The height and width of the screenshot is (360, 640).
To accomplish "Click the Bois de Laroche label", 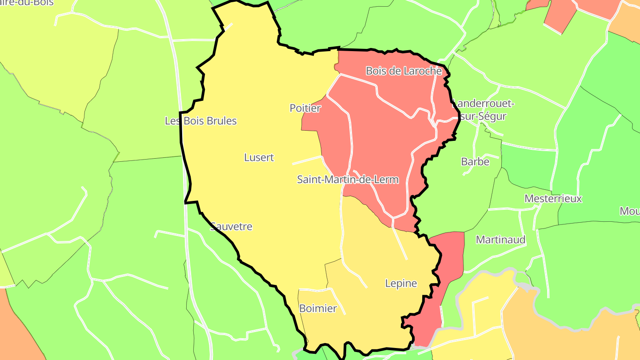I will [404, 71].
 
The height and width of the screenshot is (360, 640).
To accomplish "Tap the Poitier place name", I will [305, 108].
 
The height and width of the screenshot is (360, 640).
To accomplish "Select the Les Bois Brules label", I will [201, 121].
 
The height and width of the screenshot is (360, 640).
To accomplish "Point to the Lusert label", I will [259, 157].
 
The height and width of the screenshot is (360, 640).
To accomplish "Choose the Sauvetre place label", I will [231, 227].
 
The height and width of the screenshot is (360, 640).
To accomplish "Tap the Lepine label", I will [401, 284].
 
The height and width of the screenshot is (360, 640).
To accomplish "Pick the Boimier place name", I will [318, 308].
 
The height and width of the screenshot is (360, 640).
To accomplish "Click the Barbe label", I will [475, 162].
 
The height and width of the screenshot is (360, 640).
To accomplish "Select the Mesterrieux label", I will [553, 199].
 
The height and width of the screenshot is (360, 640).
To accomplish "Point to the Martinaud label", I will [500, 240].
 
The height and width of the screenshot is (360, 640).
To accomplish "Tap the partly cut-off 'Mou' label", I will [630, 211].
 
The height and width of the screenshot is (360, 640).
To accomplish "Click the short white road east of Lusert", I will [307, 160].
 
